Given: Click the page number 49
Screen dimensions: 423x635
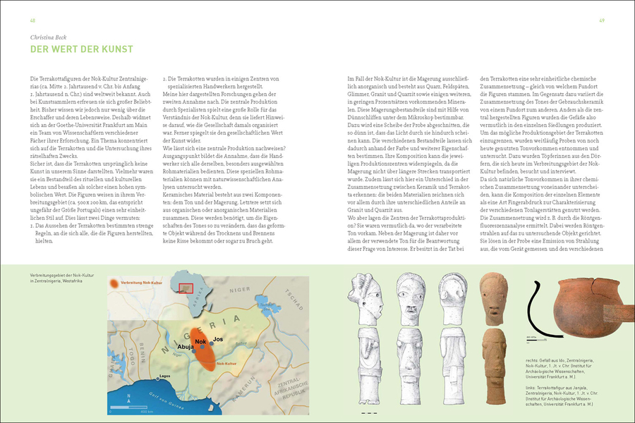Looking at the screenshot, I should [601, 19].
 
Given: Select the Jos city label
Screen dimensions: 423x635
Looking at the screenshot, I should [218, 339].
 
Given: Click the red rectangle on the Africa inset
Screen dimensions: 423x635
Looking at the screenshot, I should [186, 288].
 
